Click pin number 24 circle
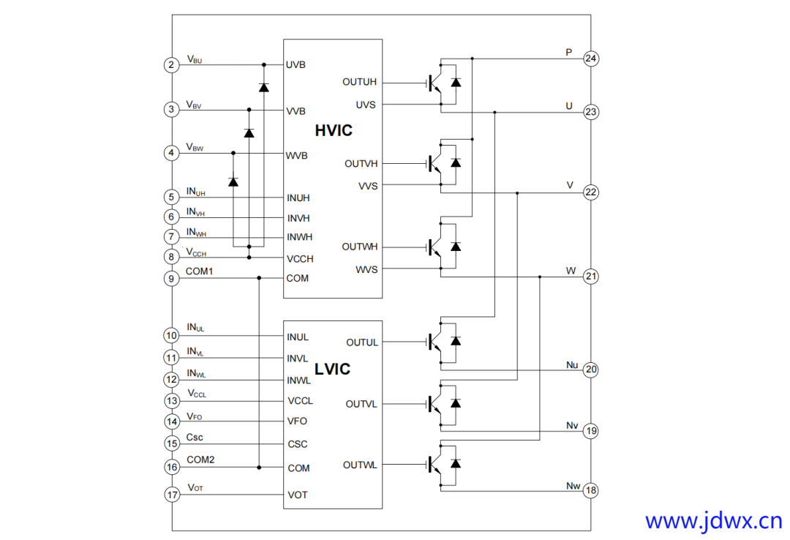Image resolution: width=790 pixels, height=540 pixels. click(591, 59)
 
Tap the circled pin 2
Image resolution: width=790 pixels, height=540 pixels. click(171, 65)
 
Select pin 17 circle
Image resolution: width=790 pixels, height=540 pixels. click(171, 495)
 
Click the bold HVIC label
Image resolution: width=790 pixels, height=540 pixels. click(334, 131)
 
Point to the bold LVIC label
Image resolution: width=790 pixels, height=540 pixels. click(332, 370)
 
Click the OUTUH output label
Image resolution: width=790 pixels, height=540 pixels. click(359, 82)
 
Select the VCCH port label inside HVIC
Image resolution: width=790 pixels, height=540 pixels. click(300, 258)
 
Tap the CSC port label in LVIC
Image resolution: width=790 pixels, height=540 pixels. click(298, 444)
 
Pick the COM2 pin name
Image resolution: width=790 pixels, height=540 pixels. click(200, 460)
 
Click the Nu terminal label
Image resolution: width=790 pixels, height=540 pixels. click(572, 364)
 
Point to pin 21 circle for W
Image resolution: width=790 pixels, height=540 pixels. click(591, 277)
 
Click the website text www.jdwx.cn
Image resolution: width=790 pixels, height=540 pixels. click(713, 521)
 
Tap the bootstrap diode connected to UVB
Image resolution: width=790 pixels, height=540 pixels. click(263, 88)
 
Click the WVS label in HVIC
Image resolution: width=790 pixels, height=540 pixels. click(366, 269)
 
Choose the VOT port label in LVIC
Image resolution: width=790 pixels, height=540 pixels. click(298, 495)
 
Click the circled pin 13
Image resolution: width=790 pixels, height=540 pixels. click(171, 401)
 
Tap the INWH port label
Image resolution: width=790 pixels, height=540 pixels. click(299, 237)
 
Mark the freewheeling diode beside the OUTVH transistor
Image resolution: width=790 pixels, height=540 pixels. click(456, 162)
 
